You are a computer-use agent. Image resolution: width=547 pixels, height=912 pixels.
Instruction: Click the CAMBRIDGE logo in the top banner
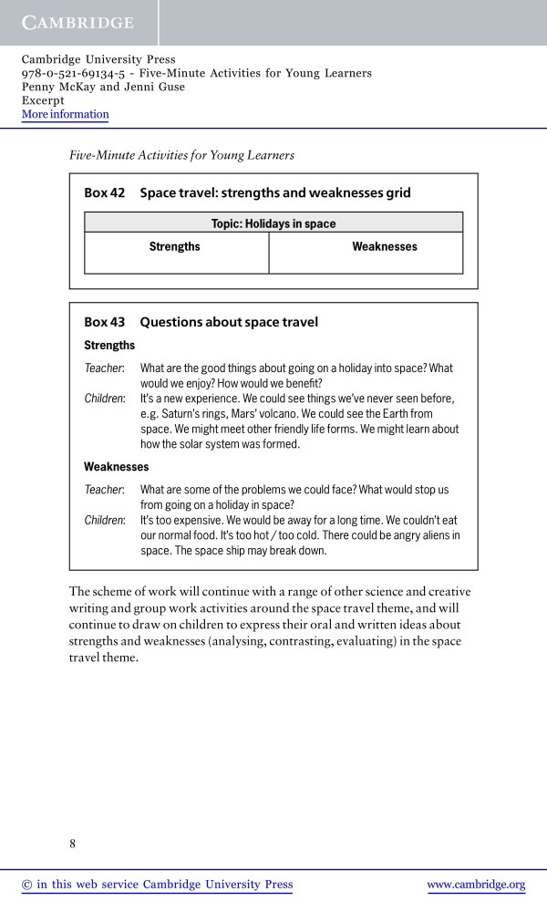(77, 23)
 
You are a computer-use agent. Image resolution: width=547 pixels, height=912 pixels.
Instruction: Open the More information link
(65, 115)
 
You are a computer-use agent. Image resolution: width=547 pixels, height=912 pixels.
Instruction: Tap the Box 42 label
(104, 193)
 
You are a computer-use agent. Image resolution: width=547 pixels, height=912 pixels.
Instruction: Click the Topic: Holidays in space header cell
(273, 223)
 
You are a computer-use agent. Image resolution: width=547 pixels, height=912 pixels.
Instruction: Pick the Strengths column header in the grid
(174, 247)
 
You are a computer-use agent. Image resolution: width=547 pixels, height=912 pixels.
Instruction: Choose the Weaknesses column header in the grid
(384, 247)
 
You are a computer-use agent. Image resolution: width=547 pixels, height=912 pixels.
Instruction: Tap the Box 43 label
(104, 322)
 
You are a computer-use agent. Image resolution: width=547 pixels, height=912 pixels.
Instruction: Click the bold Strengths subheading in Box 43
(109, 346)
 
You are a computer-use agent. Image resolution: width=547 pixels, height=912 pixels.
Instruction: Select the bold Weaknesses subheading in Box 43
(116, 467)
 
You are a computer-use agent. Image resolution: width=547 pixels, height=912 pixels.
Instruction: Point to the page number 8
(73, 844)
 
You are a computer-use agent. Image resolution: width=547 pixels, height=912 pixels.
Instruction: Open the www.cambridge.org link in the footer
(476, 885)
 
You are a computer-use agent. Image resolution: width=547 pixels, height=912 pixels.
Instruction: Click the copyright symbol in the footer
(26, 885)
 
